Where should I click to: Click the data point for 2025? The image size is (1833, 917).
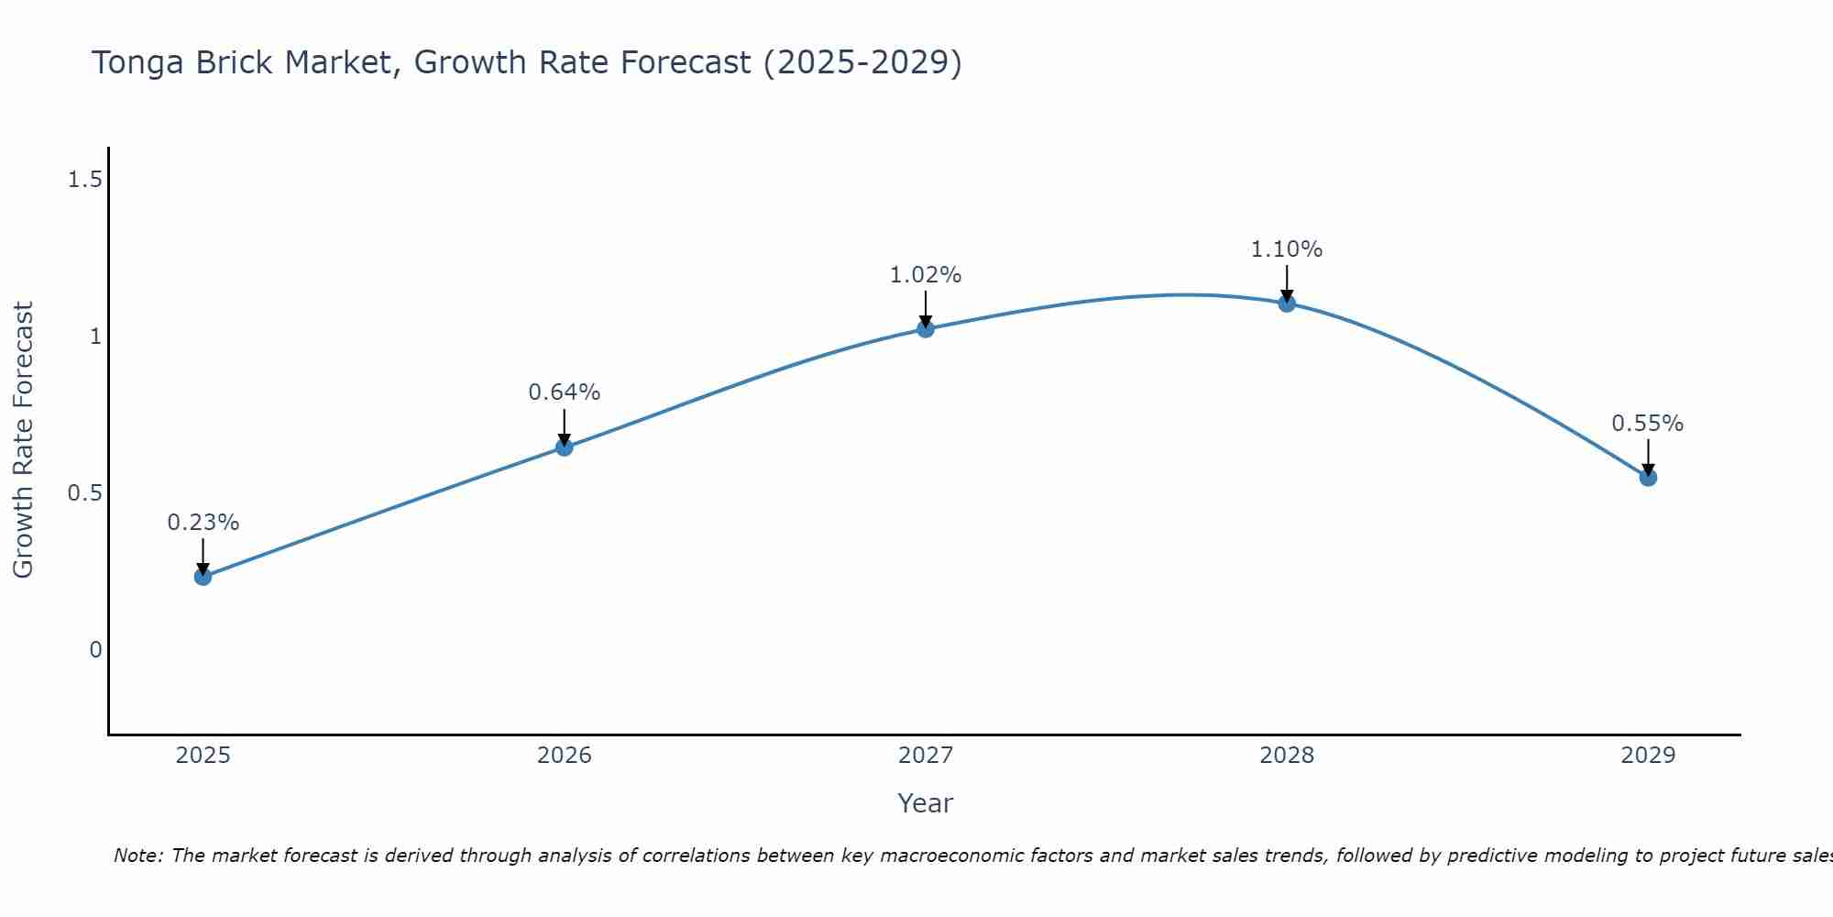(203, 577)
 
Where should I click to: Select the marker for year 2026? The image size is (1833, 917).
(564, 447)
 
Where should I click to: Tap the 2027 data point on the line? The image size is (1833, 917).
(926, 329)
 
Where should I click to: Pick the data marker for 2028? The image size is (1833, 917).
(1287, 304)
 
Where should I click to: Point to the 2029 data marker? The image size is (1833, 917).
(1648, 478)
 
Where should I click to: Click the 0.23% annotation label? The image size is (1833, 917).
(203, 523)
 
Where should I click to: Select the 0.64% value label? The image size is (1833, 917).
(564, 392)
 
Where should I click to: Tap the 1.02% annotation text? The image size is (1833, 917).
(926, 275)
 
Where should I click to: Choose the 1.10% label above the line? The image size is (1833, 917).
(1287, 249)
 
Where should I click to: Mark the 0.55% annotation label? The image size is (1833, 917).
(1648, 424)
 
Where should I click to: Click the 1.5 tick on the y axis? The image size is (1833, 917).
(84, 180)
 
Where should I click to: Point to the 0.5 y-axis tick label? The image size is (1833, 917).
(84, 493)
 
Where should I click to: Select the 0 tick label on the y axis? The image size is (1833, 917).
(95, 650)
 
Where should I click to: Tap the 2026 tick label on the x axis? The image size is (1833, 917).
(564, 756)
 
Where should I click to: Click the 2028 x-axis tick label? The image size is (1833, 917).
(1287, 756)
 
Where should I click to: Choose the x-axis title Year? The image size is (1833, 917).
(926, 803)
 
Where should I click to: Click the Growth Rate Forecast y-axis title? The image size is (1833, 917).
(23, 440)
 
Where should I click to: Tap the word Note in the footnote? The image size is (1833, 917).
(137, 856)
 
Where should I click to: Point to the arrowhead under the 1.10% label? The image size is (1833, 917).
(1287, 295)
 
